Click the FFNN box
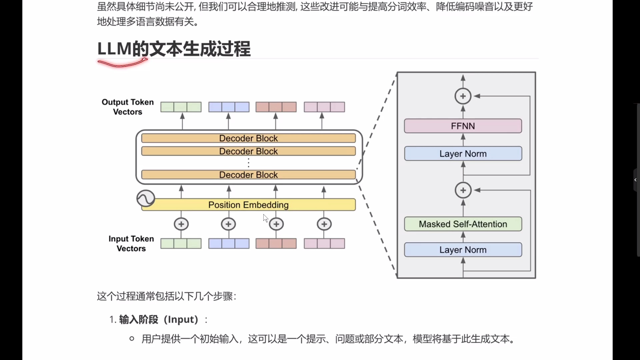[463, 126]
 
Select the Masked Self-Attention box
[463, 224]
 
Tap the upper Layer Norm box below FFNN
[463, 154]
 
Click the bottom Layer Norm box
[463, 250]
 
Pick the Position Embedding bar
[248, 205]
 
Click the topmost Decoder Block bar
[248, 138]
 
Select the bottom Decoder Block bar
[248, 175]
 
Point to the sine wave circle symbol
[146, 199]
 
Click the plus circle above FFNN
[463, 96]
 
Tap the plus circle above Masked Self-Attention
[463, 190]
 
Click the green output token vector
[181, 107]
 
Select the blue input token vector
[229, 244]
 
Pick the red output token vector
[276, 107]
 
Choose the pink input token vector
[324, 244]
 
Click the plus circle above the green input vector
[181, 224]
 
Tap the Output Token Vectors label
[128, 107]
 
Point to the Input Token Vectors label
[131, 244]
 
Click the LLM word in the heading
[114, 49]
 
